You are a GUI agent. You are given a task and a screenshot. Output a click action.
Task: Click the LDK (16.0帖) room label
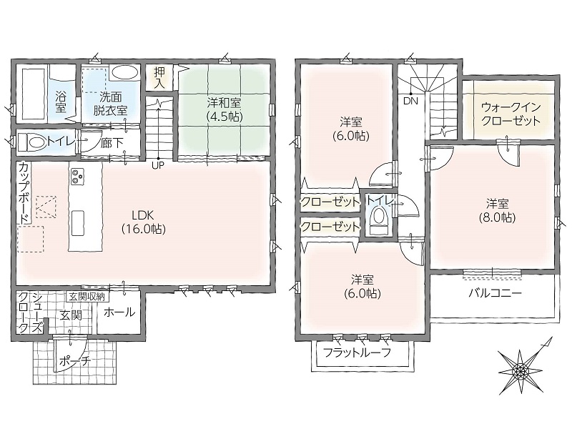pos(144,222)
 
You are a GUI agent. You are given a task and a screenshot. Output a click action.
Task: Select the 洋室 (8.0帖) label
pos(497,210)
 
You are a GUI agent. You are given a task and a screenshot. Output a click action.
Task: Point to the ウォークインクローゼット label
pos(511,114)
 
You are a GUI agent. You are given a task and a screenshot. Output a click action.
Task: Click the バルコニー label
pos(495,293)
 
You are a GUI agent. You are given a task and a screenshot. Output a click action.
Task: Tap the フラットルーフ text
pos(357,352)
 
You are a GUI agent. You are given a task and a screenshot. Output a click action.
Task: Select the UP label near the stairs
pos(158,165)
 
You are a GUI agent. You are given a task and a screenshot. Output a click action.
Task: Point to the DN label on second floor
pos(410,101)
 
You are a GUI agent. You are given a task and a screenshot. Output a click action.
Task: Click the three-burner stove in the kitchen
pos(77,177)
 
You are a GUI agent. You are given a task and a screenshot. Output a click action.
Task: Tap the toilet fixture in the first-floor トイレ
pos(31,142)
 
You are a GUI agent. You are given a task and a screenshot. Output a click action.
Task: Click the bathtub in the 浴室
pos(31,93)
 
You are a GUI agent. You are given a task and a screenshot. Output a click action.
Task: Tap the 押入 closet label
pos(159,78)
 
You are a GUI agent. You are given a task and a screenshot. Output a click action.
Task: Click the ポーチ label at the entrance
pos(74,362)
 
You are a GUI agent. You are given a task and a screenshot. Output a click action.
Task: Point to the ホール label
pos(119,312)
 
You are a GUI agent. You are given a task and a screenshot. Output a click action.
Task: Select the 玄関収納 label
pos(87,297)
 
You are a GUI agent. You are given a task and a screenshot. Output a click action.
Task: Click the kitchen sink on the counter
pos(78,223)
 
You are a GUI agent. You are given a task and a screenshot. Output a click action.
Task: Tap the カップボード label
pos(24,193)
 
